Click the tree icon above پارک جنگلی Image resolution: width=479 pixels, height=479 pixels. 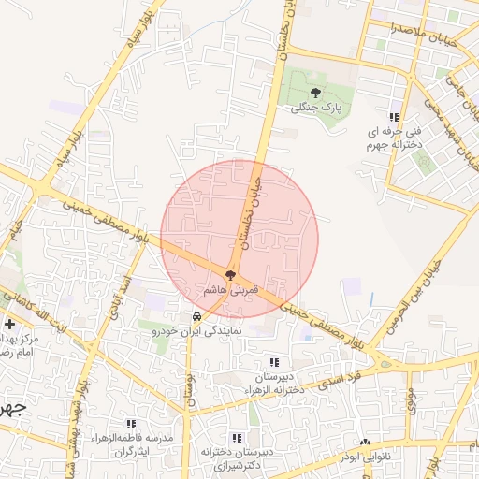[x=315, y=93]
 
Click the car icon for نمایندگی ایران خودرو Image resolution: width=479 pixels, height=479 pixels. [x=196, y=317]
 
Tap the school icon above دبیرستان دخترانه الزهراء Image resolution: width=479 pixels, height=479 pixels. [x=273, y=362]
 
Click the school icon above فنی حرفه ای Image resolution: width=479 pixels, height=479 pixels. [x=394, y=118]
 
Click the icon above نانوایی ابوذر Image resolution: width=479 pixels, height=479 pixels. [x=365, y=443]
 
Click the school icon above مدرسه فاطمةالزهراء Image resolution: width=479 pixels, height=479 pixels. [x=131, y=424]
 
